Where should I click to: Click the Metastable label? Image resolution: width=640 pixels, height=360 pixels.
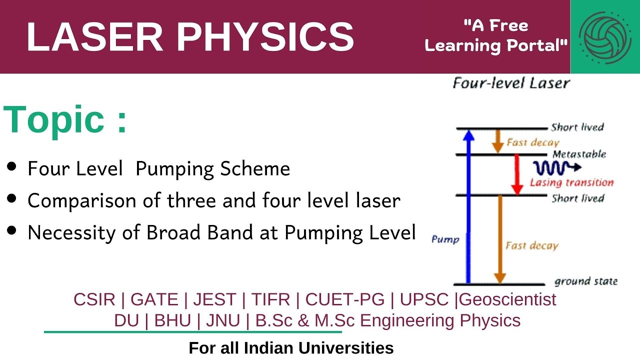(579, 154)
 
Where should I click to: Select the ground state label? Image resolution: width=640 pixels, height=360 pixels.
(585, 281)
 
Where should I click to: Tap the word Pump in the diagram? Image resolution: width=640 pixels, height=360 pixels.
(445, 239)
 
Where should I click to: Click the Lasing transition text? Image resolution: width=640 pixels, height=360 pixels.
(571, 182)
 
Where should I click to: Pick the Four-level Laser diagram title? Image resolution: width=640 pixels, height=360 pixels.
(510, 83)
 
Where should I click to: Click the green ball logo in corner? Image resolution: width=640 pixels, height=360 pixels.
(604, 37)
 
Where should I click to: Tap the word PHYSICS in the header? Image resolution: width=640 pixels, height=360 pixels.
(265, 37)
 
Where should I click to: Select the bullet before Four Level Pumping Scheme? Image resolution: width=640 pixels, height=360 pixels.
(12, 167)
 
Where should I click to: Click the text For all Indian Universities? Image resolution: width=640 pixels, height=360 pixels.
(291, 348)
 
